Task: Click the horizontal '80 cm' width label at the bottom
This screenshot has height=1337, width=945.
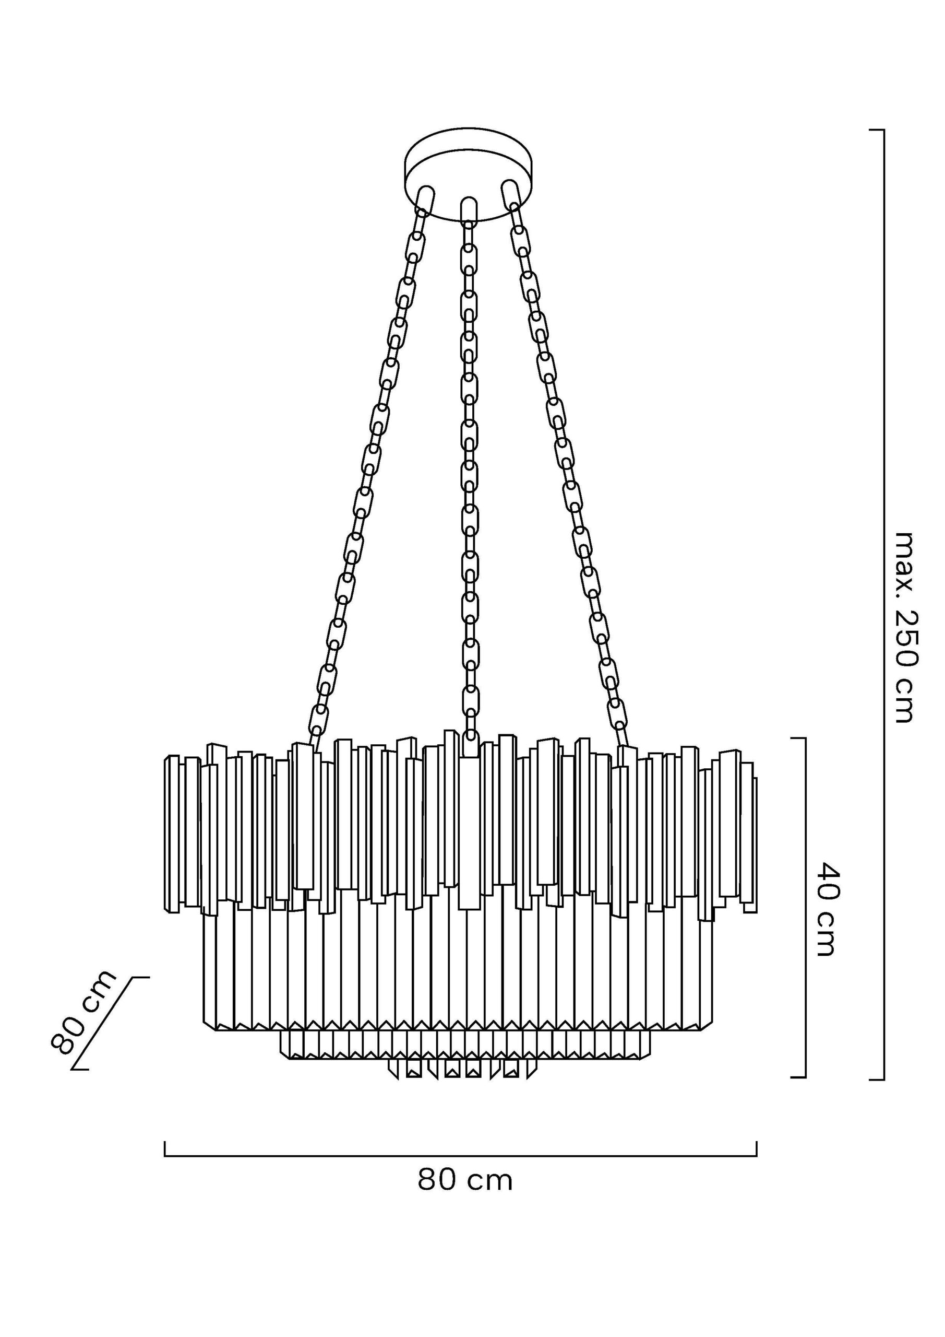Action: point(465,1180)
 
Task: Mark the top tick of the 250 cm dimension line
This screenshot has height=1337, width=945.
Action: point(877,130)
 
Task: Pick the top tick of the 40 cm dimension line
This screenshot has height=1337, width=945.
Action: point(798,738)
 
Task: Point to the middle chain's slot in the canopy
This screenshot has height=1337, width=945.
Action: point(469,209)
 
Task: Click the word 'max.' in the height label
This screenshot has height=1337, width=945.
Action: point(905,559)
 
